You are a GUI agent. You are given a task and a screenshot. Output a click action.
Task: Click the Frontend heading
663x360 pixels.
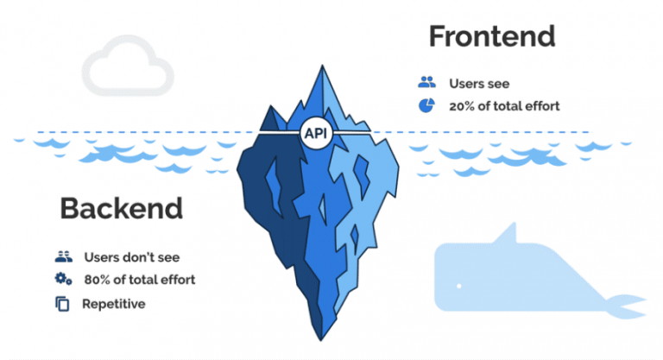pyautogui.click(x=491, y=36)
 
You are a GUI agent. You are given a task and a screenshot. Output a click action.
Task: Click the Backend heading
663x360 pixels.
pyautogui.click(x=121, y=208)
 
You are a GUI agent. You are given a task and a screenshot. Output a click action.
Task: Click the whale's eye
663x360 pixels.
pyautogui.click(x=458, y=286)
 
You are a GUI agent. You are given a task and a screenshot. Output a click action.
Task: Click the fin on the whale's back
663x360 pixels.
pyautogui.click(x=508, y=233)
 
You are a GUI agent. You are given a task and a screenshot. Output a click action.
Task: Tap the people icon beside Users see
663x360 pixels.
pyautogui.click(x=426, y=83)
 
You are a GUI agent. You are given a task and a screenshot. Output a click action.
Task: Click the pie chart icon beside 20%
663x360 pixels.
pyautogui.click(x=426, y=105)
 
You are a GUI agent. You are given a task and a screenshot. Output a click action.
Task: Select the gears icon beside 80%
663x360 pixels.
pyautogui.click(x=61, y=279)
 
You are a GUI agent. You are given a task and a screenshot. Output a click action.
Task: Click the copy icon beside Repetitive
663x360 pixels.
pyautogui.click(x=61, y=304)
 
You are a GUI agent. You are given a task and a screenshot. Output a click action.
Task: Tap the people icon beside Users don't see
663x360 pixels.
pyautogui.click(x=61, y=256)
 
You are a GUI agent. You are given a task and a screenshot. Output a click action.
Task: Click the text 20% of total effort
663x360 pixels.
pyautogui.click(x=504, y=106)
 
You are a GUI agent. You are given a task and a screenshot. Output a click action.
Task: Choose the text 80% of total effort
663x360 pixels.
pyautogui.click(x=139, y=280)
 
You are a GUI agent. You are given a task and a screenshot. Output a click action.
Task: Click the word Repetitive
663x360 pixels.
pyautogui.click(x=114, y=304)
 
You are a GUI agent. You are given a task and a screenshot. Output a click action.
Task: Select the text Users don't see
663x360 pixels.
pyautogui.click(x=131, y=256)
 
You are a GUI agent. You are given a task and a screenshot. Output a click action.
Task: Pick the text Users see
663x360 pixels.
pyautogui.click(x=479, y=84)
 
